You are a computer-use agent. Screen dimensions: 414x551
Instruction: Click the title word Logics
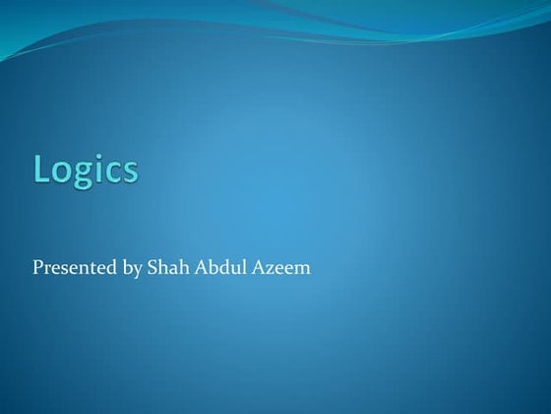click(86, 170)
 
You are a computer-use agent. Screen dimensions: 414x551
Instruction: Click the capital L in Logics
click(42, 170)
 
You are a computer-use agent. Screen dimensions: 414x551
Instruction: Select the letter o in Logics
click(61, 172)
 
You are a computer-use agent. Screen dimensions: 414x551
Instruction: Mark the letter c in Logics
click(111, 172)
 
